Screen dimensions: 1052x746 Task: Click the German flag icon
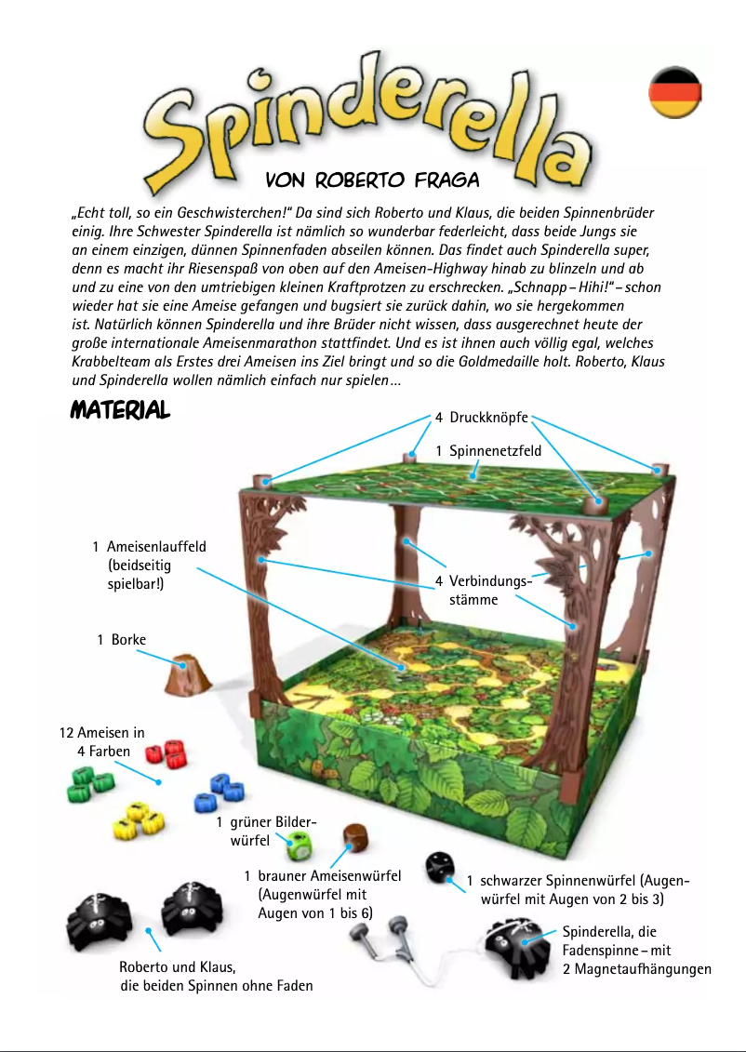pos(674,92)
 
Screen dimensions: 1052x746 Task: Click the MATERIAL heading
pos(120,410)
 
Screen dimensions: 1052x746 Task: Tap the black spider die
pos(438,867)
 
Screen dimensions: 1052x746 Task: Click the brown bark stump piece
pos(187,676)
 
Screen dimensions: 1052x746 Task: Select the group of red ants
pos(168,753)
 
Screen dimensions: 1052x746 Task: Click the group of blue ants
pos(217,792)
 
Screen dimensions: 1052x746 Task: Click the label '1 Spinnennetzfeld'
pos(488,451)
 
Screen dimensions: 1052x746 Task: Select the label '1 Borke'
pos(121,640)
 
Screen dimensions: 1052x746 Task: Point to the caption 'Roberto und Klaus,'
pos(177,966)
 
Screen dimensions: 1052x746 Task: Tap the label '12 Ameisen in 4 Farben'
pos(102,741)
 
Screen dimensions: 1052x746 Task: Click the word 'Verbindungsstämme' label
pos(484,591)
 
